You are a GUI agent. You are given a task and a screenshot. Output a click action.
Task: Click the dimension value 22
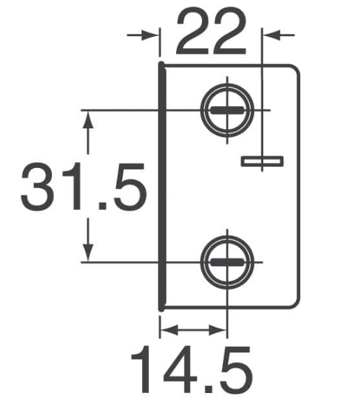click(x=211, y=31)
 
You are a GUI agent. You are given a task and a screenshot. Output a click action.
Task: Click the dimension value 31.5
click(x=84, y=187)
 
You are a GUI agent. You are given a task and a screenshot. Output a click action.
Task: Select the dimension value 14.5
click(x=192, y=369)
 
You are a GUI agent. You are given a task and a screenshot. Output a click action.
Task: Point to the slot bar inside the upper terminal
click(x=227, y=110)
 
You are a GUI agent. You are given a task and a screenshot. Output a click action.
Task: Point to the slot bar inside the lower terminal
click(x=227, y=262)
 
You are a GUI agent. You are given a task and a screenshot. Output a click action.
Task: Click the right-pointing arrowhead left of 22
click(x=149, y=35)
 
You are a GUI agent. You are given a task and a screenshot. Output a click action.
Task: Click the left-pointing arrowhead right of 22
click(x=273, y=35)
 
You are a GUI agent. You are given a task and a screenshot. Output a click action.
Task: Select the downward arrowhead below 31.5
click(x=88, y=252)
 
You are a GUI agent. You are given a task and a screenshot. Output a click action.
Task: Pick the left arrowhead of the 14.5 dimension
click(x=169, y=330)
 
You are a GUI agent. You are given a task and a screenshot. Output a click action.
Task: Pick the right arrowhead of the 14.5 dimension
click(x=218, y=330)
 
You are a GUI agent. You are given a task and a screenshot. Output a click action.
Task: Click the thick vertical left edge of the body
click(x=162, y=186)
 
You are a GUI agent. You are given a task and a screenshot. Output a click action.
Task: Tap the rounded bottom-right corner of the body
click(x=295, y=302)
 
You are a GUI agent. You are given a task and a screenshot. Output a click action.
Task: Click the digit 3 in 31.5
click(x=38, y=187)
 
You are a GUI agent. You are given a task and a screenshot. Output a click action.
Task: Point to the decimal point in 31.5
click(x=102, y=206)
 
